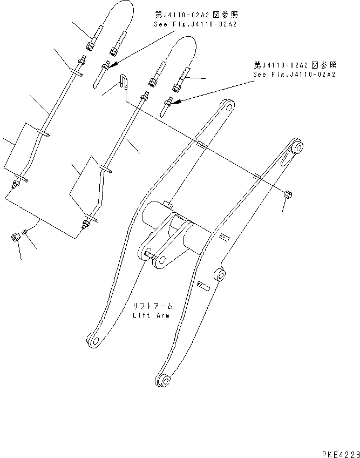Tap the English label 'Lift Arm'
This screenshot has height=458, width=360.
[151, 315]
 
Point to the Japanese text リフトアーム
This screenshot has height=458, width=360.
[151, 306]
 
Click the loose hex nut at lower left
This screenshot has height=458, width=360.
[16, 236]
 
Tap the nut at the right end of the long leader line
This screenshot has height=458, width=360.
[288, 194]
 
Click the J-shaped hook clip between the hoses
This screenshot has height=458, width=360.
[123, 83]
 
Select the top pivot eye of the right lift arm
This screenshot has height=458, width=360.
[296, 146]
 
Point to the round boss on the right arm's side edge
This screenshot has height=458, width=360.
[220, 277]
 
